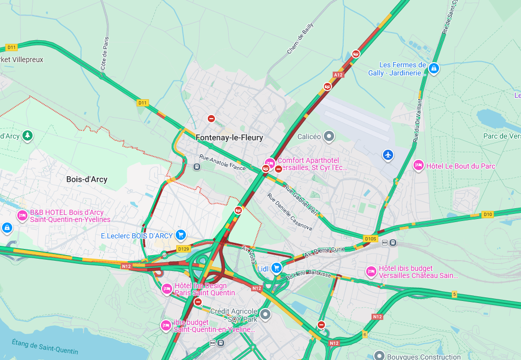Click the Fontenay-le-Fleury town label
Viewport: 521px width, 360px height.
[229, 137]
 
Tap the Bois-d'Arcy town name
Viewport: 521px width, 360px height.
[87, 179]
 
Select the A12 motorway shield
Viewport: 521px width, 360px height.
[338, 75]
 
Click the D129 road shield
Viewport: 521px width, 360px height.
[183, 248]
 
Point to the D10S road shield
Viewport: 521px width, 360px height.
[370, 238]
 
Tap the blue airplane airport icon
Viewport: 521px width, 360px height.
[388, 154]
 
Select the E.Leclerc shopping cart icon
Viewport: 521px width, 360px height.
[180, 235]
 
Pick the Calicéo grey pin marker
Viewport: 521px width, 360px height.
[330, 136]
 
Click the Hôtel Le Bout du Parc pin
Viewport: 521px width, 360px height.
[419, 165]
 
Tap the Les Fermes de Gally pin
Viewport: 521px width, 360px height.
[433, 68]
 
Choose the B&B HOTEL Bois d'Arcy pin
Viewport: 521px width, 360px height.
[22, 216]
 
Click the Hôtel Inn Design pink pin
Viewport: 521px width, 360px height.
[167, 289]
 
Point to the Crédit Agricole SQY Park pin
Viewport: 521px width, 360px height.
[264, 314]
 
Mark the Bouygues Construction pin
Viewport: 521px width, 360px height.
[378, 355]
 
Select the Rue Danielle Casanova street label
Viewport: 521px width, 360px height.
[289, 212]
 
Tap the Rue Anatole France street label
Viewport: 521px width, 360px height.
[223, 163]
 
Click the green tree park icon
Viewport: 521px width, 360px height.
[28, 135]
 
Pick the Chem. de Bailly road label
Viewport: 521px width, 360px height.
[300, 41]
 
